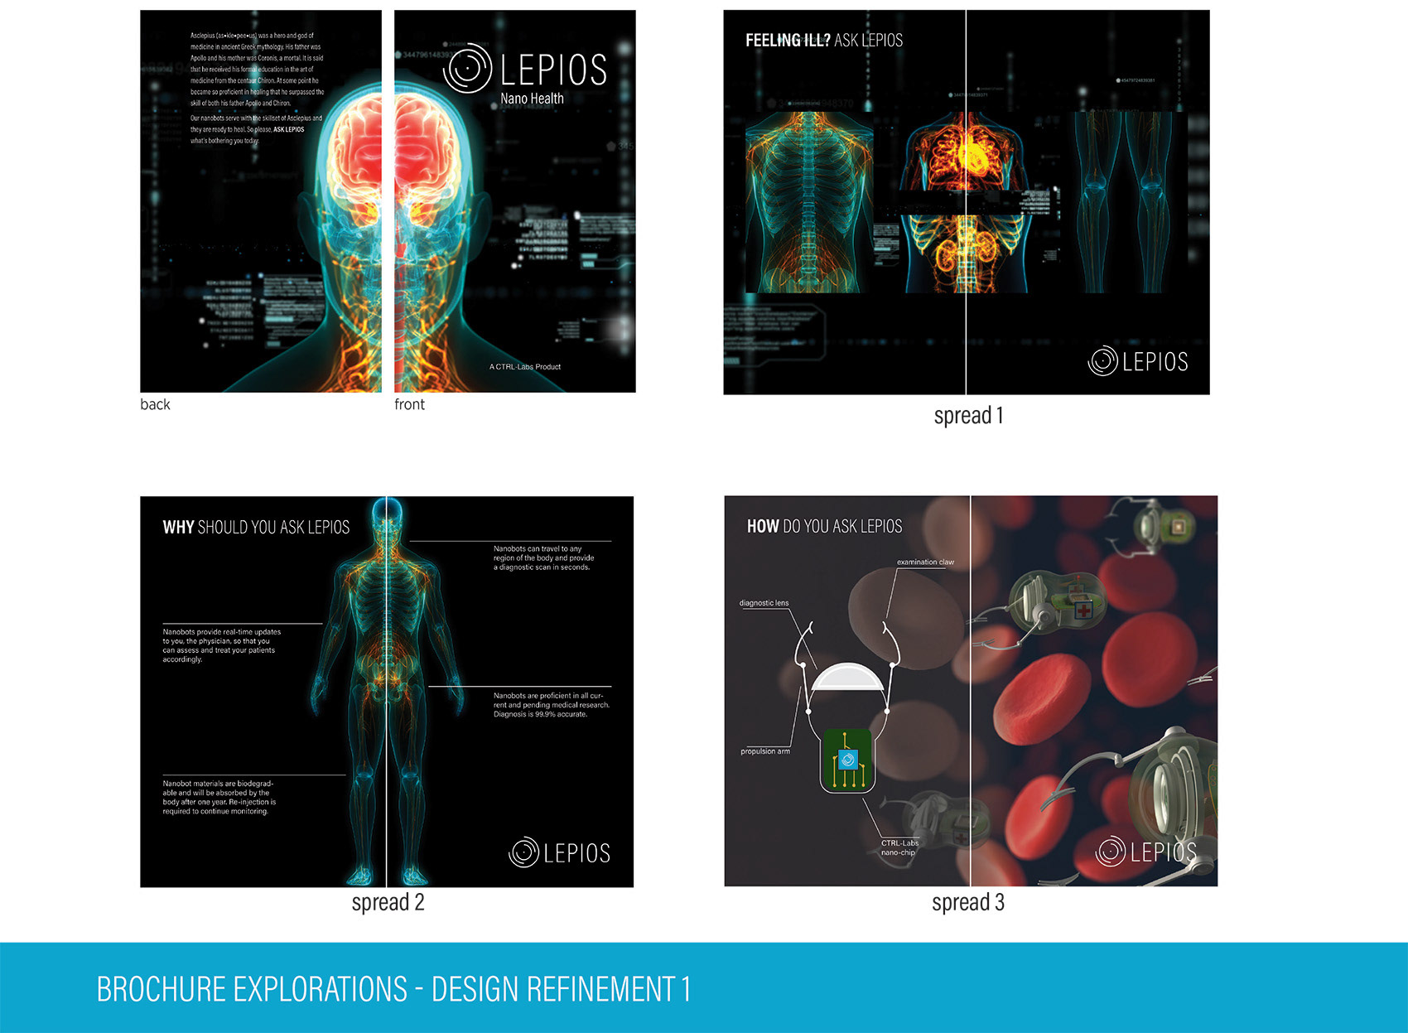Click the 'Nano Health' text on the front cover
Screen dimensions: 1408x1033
pos(532,99)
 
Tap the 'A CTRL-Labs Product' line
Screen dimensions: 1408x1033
pos(525,366)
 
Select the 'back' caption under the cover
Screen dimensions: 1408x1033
pos(155,404)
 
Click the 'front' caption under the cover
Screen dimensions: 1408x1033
pos(409,404)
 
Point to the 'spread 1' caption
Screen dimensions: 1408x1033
pos(968,416)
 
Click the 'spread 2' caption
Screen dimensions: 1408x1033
pos(388,902)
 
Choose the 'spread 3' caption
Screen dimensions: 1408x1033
pos(967,902)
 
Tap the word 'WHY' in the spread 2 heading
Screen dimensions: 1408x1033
pos(178,528)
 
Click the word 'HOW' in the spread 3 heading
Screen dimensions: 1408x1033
pos(763,526)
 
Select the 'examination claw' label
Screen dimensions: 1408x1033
pos(925,562)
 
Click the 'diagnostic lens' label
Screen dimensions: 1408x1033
pos(764,603)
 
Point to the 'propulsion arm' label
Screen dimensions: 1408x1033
pos(764,751)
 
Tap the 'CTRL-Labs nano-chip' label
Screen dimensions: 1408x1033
pos(899,847)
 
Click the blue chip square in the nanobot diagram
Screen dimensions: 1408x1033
pos(847,760)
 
